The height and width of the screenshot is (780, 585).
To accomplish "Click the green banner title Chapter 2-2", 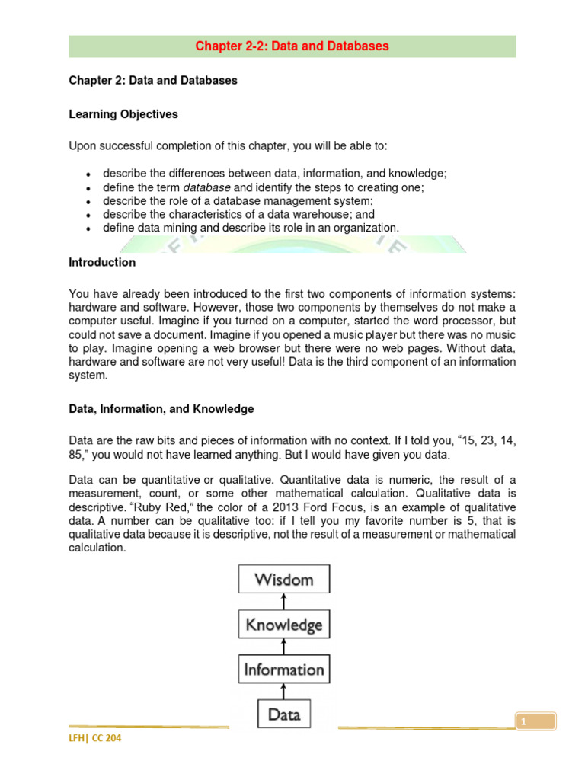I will click(292, 46).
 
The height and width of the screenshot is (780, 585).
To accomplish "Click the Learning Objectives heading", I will click(123, 114).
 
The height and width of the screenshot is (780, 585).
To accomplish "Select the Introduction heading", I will click(102, 262).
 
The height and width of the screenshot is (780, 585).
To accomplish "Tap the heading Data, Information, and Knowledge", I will click(161, 409).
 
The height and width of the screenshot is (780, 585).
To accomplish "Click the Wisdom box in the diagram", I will click(284, 579).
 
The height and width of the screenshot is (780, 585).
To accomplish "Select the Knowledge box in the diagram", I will click(284, 625).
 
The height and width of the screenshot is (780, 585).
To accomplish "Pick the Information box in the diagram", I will click(284, 670).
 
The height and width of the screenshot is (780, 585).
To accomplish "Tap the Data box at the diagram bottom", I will click(284, 714).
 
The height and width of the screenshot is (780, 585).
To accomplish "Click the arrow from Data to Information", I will click(284, 692).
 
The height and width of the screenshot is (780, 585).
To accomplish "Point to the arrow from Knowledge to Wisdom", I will click(284, 602).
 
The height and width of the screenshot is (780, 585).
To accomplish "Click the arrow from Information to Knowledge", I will click(284, 647).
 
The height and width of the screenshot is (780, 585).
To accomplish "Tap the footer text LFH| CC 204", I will click(94, 738).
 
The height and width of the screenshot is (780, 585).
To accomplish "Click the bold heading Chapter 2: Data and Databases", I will click(153, 81).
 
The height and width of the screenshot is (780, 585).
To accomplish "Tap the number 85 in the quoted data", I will click(78, 456).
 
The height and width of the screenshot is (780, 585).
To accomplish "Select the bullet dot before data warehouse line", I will click(89, 215).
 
